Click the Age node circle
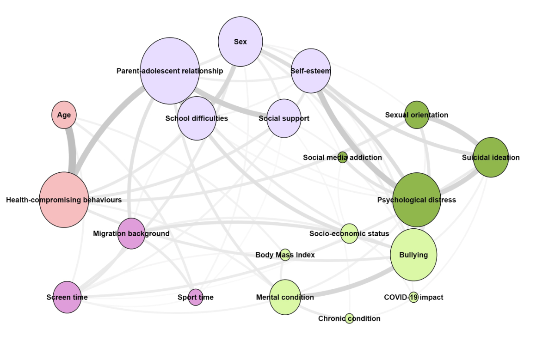[64, 115]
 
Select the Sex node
[240, 42]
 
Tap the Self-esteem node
[311, 71]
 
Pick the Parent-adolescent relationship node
[170, 71]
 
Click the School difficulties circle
[197, 118]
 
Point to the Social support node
[284, 118]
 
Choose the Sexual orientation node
[417, 115]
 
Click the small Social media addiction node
[342, 158]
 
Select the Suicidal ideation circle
[491, 158]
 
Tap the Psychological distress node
[417, 200]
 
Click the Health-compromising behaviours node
[64, 200]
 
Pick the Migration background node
[131, 233]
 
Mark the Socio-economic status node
[349, 233]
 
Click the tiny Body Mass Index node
[285, 255]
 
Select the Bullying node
[413, 255]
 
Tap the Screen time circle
[67, 297]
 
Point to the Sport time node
[196, 297]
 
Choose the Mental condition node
[285, 297]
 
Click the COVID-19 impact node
[413, 297]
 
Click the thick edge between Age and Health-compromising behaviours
[71, 150]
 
